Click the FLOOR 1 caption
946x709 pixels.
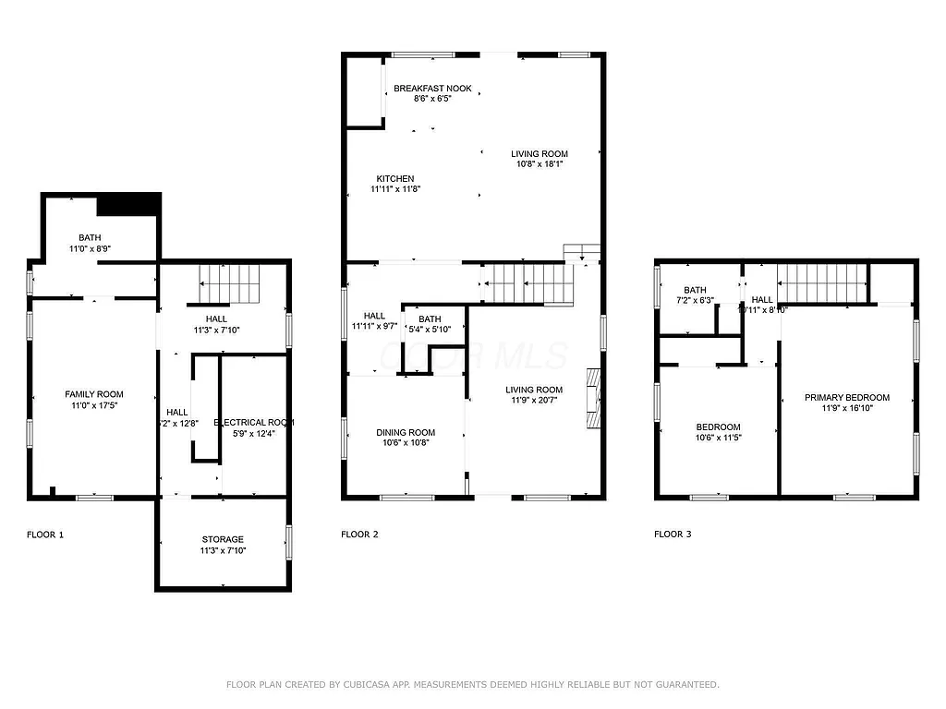[45, 535]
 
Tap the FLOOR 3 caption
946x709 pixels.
[673, 535]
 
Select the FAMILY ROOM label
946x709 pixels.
[93, 394]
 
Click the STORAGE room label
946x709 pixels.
[223, 539]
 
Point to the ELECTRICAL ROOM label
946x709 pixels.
[254, 422]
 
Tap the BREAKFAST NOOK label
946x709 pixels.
[432, 89]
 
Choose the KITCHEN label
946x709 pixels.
[394, 179]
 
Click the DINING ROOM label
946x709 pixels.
[405, 432]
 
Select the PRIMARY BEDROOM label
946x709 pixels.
[846, 397]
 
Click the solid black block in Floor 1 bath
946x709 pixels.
[129, 204]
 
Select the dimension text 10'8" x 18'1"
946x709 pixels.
[540, 164]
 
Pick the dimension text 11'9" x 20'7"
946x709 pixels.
[535, 401]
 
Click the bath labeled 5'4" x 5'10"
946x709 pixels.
[429, 324]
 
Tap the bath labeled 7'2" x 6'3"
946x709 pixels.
[695, 294]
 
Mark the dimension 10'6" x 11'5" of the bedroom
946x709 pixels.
[718, 438]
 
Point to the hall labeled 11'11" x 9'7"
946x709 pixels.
[374, 320]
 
